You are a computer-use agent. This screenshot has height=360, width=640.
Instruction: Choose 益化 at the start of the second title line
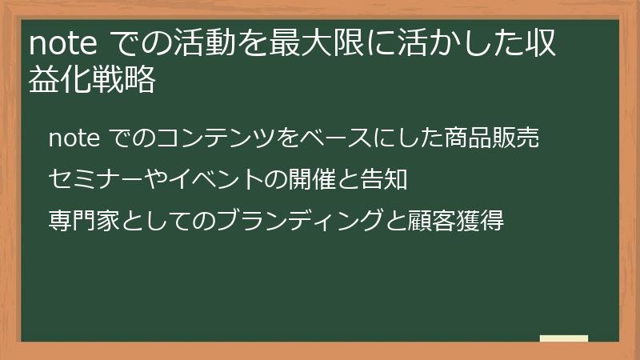(59, 82)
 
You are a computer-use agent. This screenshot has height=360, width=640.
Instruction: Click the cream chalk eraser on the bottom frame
(564, 339)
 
